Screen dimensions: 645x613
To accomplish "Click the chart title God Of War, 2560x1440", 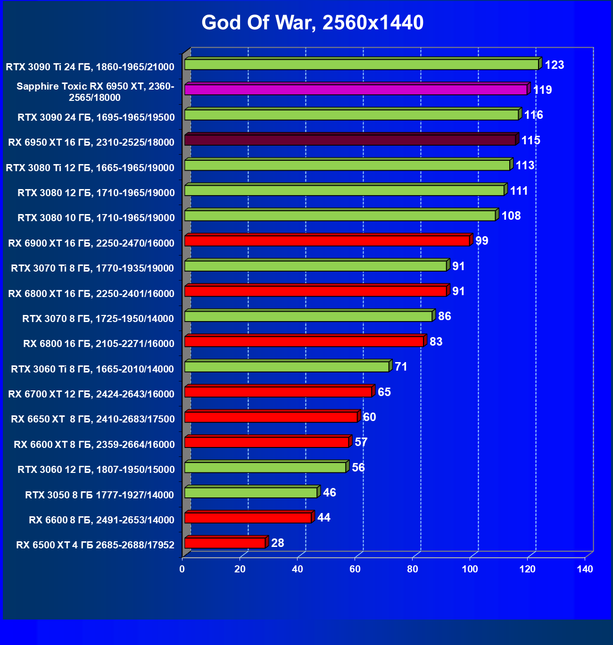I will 312,23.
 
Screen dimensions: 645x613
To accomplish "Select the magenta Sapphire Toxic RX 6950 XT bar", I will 356,90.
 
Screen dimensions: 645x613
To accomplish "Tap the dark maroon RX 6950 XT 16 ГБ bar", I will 350,140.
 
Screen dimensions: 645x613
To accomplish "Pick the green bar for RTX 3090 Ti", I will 362,65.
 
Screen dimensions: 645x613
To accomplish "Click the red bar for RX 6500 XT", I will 225,543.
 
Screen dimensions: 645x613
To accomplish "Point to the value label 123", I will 554,65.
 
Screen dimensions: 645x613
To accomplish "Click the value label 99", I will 481,241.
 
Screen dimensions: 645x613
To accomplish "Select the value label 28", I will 278,543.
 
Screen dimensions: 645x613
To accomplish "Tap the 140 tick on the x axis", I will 585,569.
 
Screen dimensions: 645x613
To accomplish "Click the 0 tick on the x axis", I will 182,569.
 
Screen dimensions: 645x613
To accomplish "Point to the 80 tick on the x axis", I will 413,569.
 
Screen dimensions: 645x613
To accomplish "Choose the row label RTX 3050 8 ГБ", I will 99,495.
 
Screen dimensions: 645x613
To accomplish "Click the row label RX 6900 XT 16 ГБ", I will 91,243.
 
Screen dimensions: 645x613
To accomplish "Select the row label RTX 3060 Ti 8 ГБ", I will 92,369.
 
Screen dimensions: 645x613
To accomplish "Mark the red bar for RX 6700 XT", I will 279,392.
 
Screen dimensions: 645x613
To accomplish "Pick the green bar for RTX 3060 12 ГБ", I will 265,467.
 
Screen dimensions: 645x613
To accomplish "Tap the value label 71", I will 401,367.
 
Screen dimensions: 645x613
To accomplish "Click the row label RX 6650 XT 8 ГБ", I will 93,419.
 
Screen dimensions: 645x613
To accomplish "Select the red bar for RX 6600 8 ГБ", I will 248,518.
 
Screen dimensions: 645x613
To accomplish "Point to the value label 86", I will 444,316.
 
